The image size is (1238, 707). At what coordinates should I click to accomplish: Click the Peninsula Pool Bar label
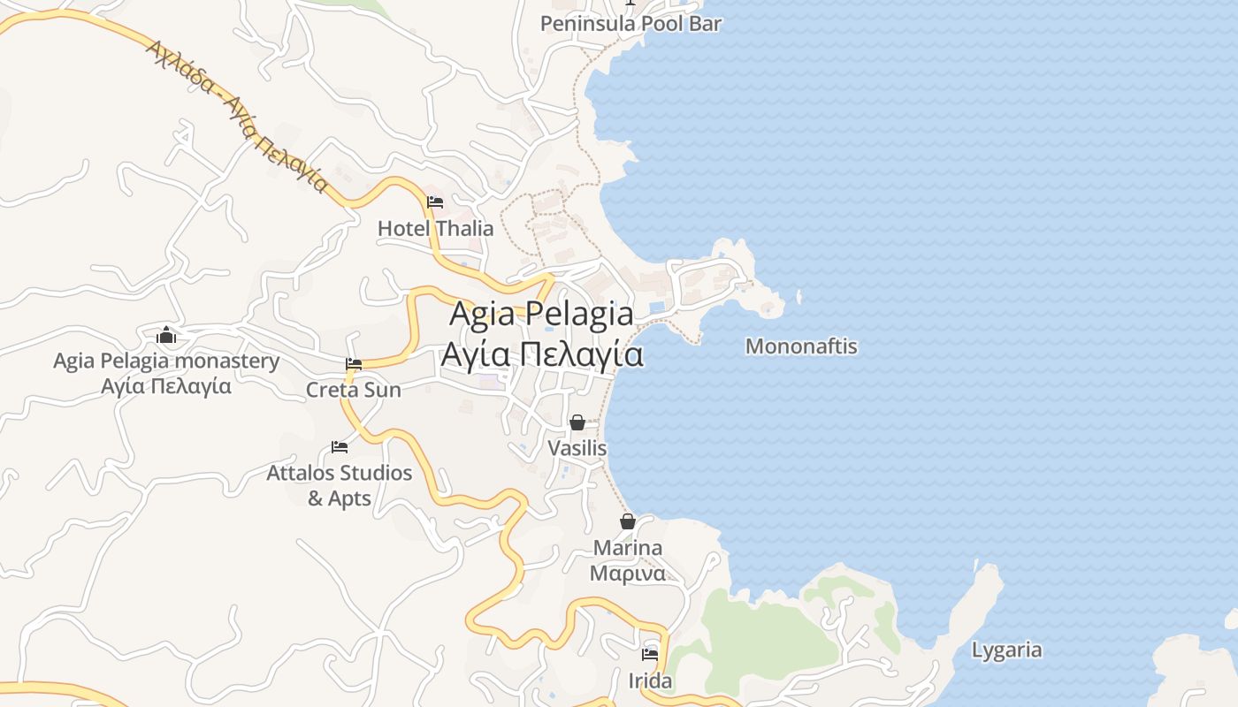(x=630, y=24)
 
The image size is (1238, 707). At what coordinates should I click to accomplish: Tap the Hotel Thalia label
(x=435, y=228)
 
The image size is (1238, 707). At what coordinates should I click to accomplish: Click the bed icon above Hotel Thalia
(x=435, y=202)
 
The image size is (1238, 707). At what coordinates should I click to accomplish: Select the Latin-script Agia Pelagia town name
(x=541, y=314)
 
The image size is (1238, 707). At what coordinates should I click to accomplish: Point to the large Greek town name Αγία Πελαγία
(x=541, y=353)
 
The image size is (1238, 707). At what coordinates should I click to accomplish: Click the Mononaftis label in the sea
(x=801, y=346)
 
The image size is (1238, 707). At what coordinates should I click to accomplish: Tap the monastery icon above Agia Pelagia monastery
(x=166, y=336)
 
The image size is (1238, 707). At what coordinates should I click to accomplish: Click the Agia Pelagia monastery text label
(x=166, y=361)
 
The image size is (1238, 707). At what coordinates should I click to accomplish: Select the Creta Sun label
(x=353, y=390)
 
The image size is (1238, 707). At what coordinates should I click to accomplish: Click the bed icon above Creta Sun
(x=354, y=364)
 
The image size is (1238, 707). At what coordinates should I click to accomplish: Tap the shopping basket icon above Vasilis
(x=577, y=423)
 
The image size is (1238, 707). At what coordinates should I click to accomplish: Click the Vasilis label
(x=577, y=448)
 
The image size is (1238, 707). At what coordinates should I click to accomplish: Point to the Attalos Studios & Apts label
(x=340, y=485)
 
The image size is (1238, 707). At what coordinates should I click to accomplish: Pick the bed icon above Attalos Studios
(x=340, y=447)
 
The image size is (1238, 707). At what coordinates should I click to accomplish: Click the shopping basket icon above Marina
(x=628, y=521)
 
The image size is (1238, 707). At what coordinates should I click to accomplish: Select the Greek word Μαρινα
(x=628, y=573)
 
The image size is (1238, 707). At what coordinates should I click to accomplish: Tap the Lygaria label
(x=1006, y=650)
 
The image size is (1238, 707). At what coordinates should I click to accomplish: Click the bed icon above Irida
(x=650, y=655)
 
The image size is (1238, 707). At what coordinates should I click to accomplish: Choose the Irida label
(x=650, y=681)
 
